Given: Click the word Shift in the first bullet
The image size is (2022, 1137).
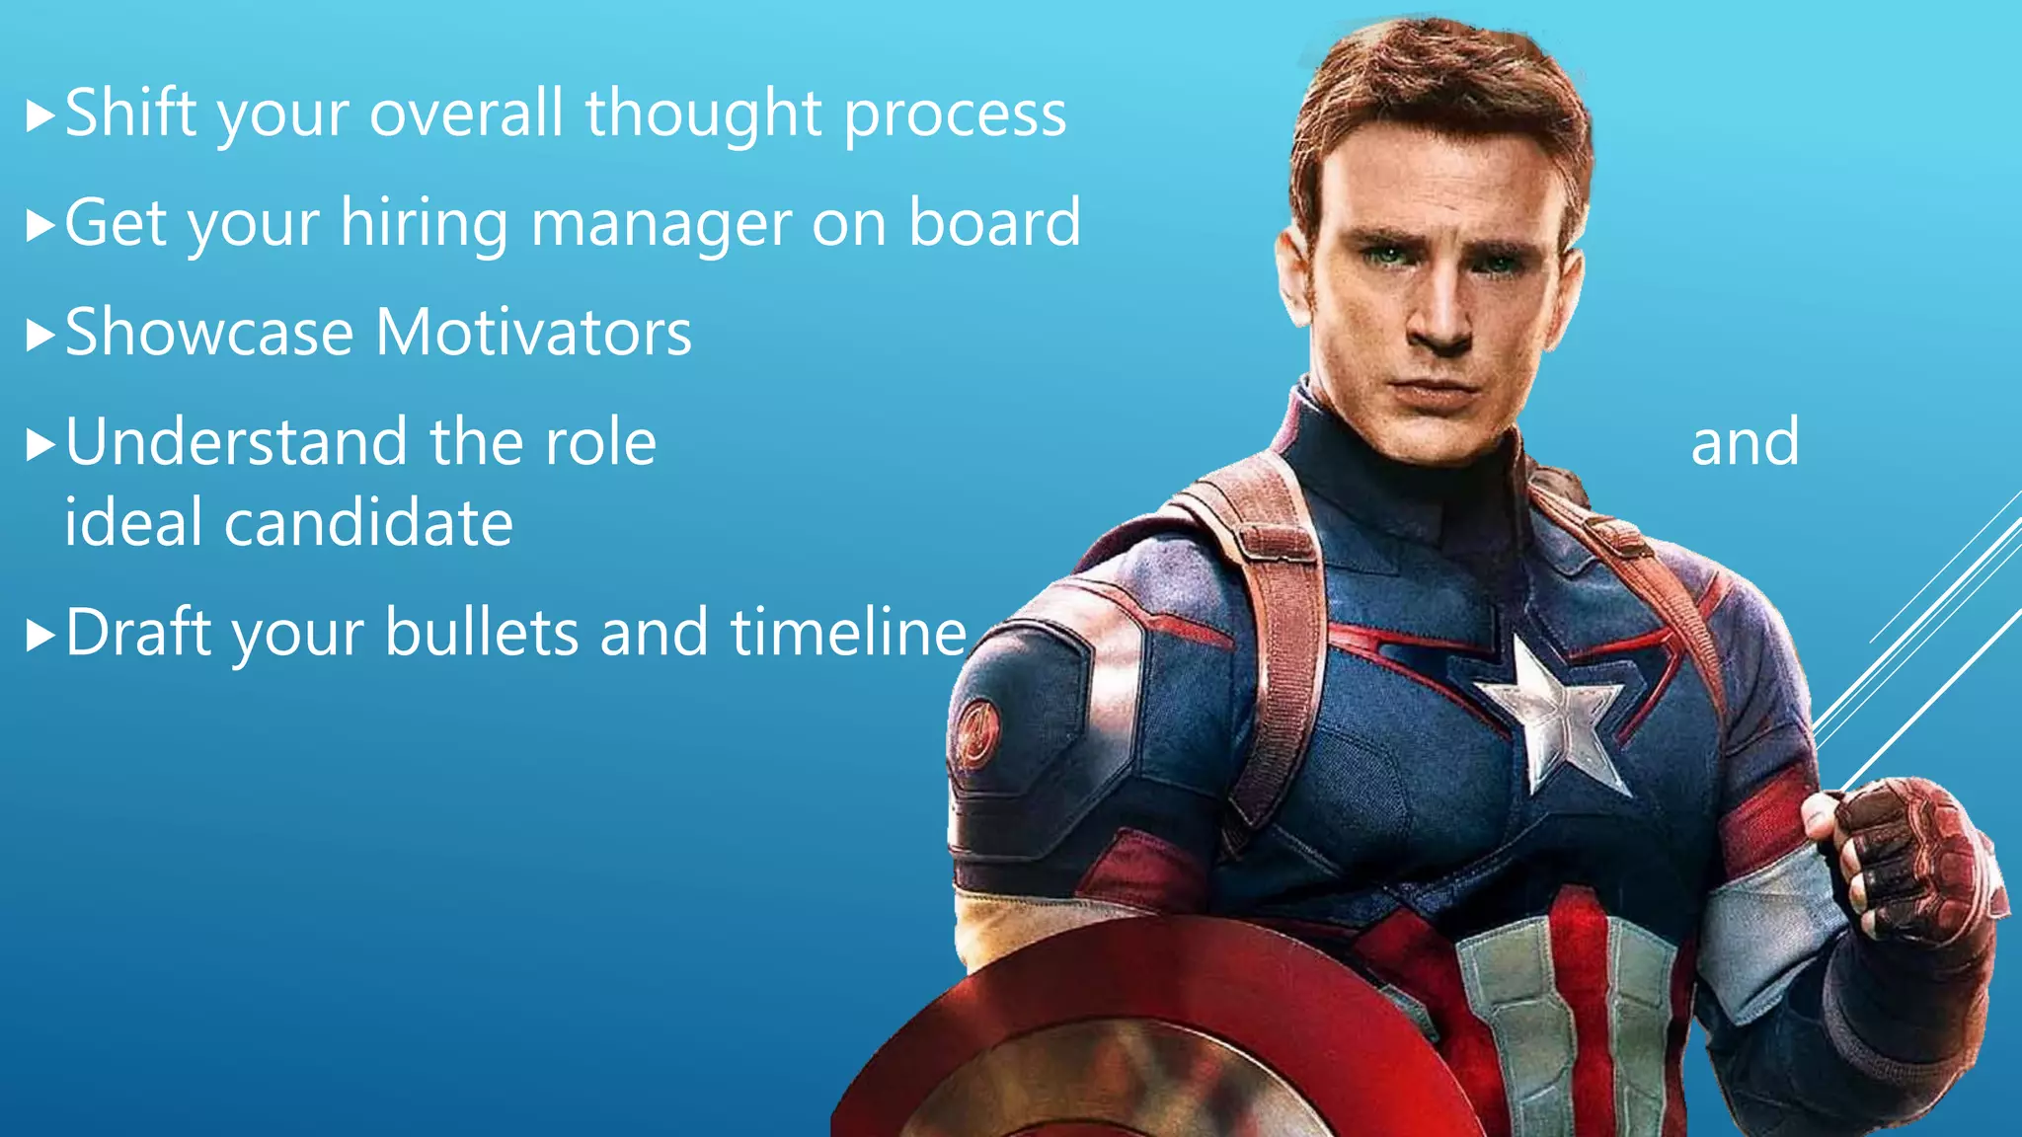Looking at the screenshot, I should pyautogui.click(x=130, y=113).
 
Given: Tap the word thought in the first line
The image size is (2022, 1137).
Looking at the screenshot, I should pyautogui.click(x=704, y=113).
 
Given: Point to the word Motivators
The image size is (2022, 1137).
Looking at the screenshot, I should pyautogui.click(x=533, y=333).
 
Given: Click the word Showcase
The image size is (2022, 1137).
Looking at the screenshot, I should pyautogui.click(x=208, y=333).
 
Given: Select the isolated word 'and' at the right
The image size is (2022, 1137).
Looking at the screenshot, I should pyautogui.click(x=1745, y=442).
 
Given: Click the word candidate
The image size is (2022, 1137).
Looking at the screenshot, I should pyautogui.click(x=368, y=522).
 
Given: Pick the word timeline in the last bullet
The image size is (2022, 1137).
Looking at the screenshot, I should pyautogui.click(x=848, y=632).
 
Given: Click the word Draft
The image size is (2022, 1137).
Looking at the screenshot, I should pyautogui.click(x=139, y=632).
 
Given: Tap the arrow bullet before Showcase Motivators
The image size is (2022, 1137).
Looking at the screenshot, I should pyautogui.click(x=39, y=336).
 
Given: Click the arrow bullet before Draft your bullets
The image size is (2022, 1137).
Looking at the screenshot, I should pyautogui.click(x=39, y=636).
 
